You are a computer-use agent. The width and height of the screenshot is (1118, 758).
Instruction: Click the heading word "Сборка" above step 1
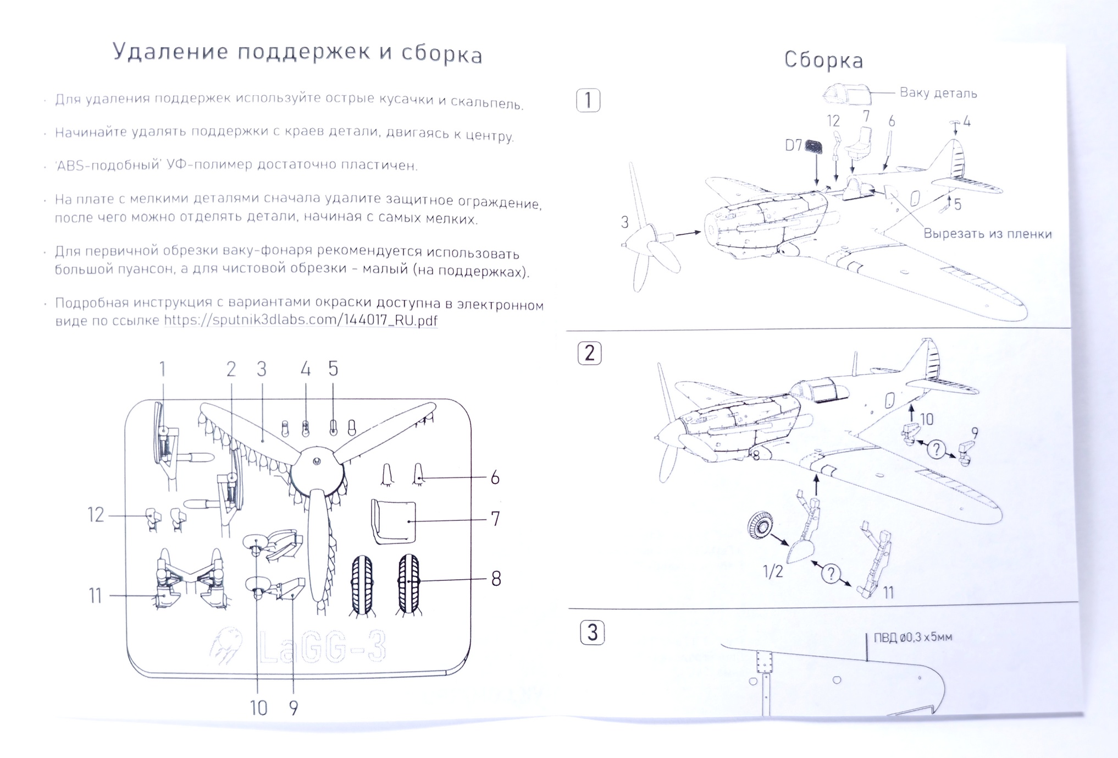[823, 60]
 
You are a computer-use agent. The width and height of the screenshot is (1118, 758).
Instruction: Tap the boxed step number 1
[588, 101]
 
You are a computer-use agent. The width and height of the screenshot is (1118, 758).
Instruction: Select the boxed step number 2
[589, 353]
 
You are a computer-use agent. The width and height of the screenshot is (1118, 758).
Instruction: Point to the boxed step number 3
[592, 633]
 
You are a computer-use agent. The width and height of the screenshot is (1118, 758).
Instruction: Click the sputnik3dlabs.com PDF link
[301, 320]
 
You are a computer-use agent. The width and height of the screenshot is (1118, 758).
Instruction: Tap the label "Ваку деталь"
[938, 93]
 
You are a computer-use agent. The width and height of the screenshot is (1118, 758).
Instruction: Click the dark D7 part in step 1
[813, 146]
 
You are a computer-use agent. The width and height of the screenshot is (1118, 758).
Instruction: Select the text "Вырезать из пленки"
[987, 234]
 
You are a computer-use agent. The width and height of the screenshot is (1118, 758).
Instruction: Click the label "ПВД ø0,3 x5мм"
[913, 638]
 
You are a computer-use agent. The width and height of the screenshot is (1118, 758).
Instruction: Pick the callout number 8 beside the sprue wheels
[496, 579]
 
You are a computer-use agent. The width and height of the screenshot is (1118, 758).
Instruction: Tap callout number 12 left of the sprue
[96, 515]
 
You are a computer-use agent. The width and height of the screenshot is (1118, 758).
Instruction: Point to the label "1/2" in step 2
[772, 572]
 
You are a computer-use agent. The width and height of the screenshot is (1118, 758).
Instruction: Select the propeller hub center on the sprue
[317, 462]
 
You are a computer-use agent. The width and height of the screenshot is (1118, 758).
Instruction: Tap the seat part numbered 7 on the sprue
[394, 521]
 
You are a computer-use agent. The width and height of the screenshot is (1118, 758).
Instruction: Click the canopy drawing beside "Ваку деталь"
[847, 94]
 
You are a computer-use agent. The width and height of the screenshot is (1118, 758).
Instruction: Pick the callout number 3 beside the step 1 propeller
[624, 223]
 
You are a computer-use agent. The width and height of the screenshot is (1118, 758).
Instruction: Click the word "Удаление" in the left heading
[170, 52]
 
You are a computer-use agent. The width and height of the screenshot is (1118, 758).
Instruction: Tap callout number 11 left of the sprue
[95, 596]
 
